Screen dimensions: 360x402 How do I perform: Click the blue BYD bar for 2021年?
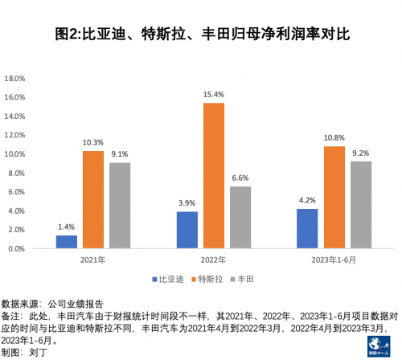(67, 241)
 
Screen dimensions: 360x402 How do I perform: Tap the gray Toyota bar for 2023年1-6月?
(361, 205)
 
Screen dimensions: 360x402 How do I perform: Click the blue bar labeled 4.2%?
(307, 228)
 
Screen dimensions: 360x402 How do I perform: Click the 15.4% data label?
(214, 95)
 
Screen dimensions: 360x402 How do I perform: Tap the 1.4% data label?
(67, 227)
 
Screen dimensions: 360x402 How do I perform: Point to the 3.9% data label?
(187, 204)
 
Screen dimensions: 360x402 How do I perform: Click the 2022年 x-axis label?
(214, 260)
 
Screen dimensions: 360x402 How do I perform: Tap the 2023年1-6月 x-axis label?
(334, 260)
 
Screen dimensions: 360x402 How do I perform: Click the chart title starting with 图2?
(201, 35)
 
